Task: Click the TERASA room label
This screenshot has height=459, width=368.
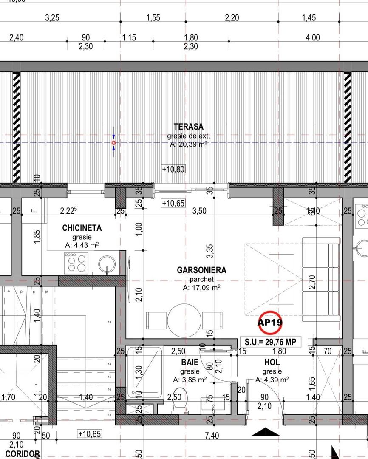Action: coord(188,127)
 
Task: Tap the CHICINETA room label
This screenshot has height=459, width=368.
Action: coord(82,228)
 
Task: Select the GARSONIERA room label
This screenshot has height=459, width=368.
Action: coord(201,270)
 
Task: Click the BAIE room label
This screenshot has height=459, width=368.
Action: coord(190,363)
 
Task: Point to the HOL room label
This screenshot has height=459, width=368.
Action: coord(272,363)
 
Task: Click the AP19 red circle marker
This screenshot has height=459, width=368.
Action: coord(270,322)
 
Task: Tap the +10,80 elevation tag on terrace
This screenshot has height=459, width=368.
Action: coord(173,169)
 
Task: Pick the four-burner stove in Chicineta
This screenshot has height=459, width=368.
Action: coord(76,263)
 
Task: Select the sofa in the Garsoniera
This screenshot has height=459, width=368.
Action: coord(321,279)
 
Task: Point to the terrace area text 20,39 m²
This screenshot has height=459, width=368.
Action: coord(188,144)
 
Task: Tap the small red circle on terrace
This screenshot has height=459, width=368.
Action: coord(113,143)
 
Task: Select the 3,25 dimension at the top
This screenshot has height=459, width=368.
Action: coord(52,18)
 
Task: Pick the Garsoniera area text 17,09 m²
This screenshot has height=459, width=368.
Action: coord(201,288)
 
